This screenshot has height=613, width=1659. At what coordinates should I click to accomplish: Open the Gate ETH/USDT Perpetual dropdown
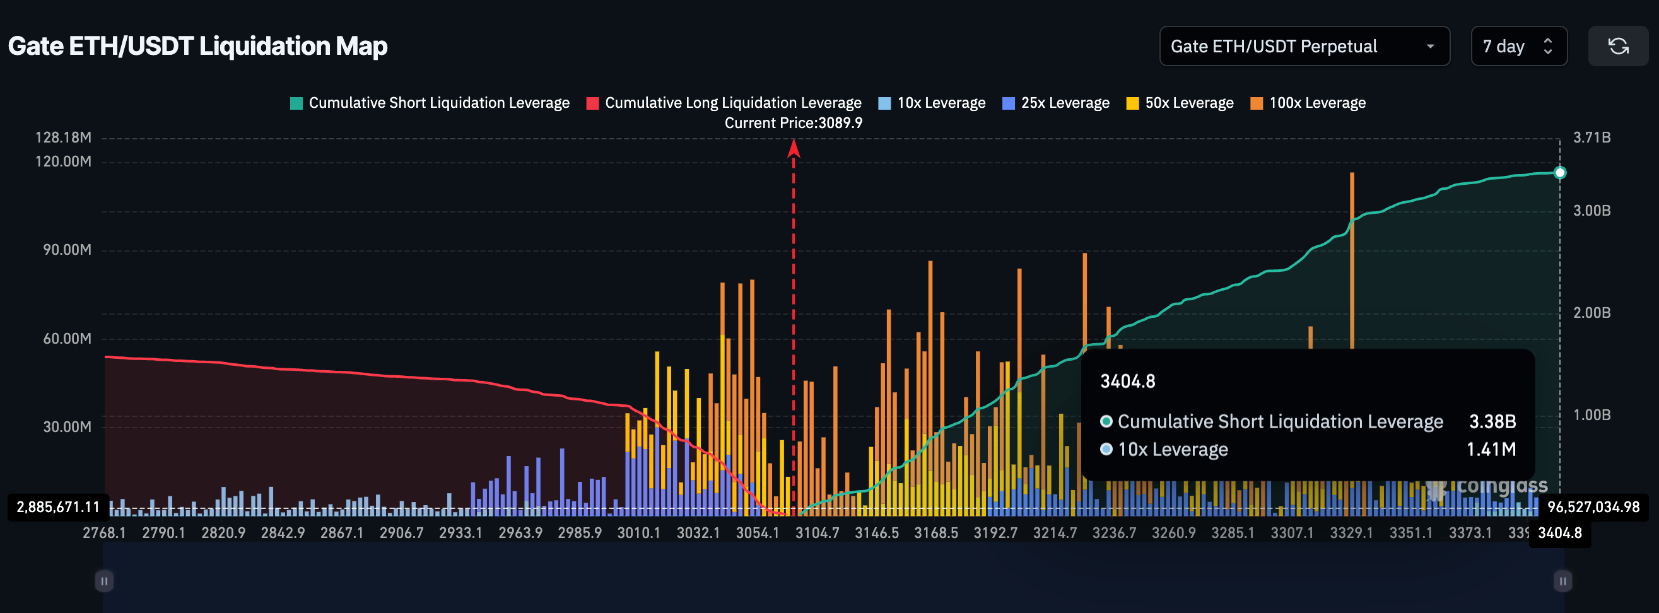1303,47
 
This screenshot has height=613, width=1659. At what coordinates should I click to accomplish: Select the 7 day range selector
1518,47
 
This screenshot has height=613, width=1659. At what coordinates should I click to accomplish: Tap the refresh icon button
1618,47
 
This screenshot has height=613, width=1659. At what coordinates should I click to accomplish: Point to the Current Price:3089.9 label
793,123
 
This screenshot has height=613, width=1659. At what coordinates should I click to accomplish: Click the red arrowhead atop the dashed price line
794,149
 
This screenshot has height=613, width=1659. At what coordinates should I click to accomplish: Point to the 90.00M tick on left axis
67,250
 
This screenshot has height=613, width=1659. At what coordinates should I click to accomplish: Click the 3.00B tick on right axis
1592,211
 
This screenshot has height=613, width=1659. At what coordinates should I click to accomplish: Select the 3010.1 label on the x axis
638,533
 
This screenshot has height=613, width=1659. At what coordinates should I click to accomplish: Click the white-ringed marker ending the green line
1559,173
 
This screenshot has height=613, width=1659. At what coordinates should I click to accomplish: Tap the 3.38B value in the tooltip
1492,422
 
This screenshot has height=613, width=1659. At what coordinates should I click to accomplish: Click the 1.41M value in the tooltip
1491,450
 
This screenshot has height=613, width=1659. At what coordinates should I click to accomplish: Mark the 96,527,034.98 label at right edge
1593,508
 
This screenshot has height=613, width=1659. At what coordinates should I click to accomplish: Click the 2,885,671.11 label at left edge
58,508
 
